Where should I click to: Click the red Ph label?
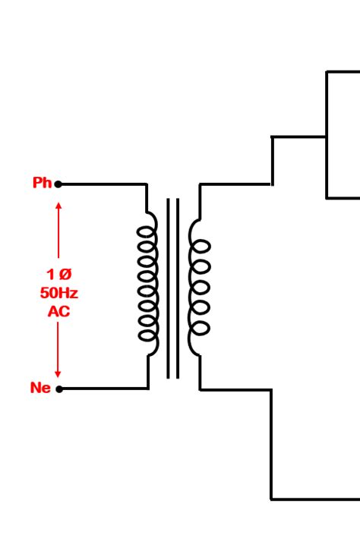42,183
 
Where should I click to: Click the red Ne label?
40,388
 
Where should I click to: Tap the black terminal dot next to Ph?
58,184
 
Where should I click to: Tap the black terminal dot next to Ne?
59,389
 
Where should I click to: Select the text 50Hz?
58,292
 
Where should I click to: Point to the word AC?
58,310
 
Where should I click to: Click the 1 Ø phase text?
58,274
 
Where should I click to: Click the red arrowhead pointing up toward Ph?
58,206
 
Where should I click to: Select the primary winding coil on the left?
149,285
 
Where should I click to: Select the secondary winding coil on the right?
199,287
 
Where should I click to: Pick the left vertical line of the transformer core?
168,288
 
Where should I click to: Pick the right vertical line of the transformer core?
178,288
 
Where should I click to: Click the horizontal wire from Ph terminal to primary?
103,184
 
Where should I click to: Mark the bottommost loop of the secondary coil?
200,329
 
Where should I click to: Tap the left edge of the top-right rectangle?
327,134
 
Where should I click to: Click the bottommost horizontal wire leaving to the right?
315,499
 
